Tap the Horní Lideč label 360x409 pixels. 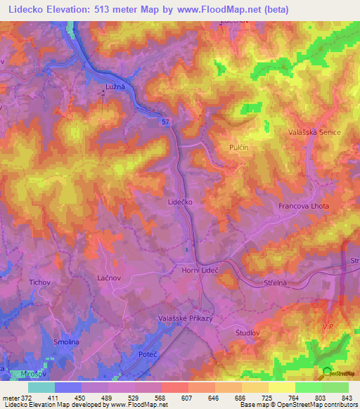tap(200, 270)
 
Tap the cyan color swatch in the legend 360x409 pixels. tap(41, 387)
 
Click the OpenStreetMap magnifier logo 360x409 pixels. tap(326, 372)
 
